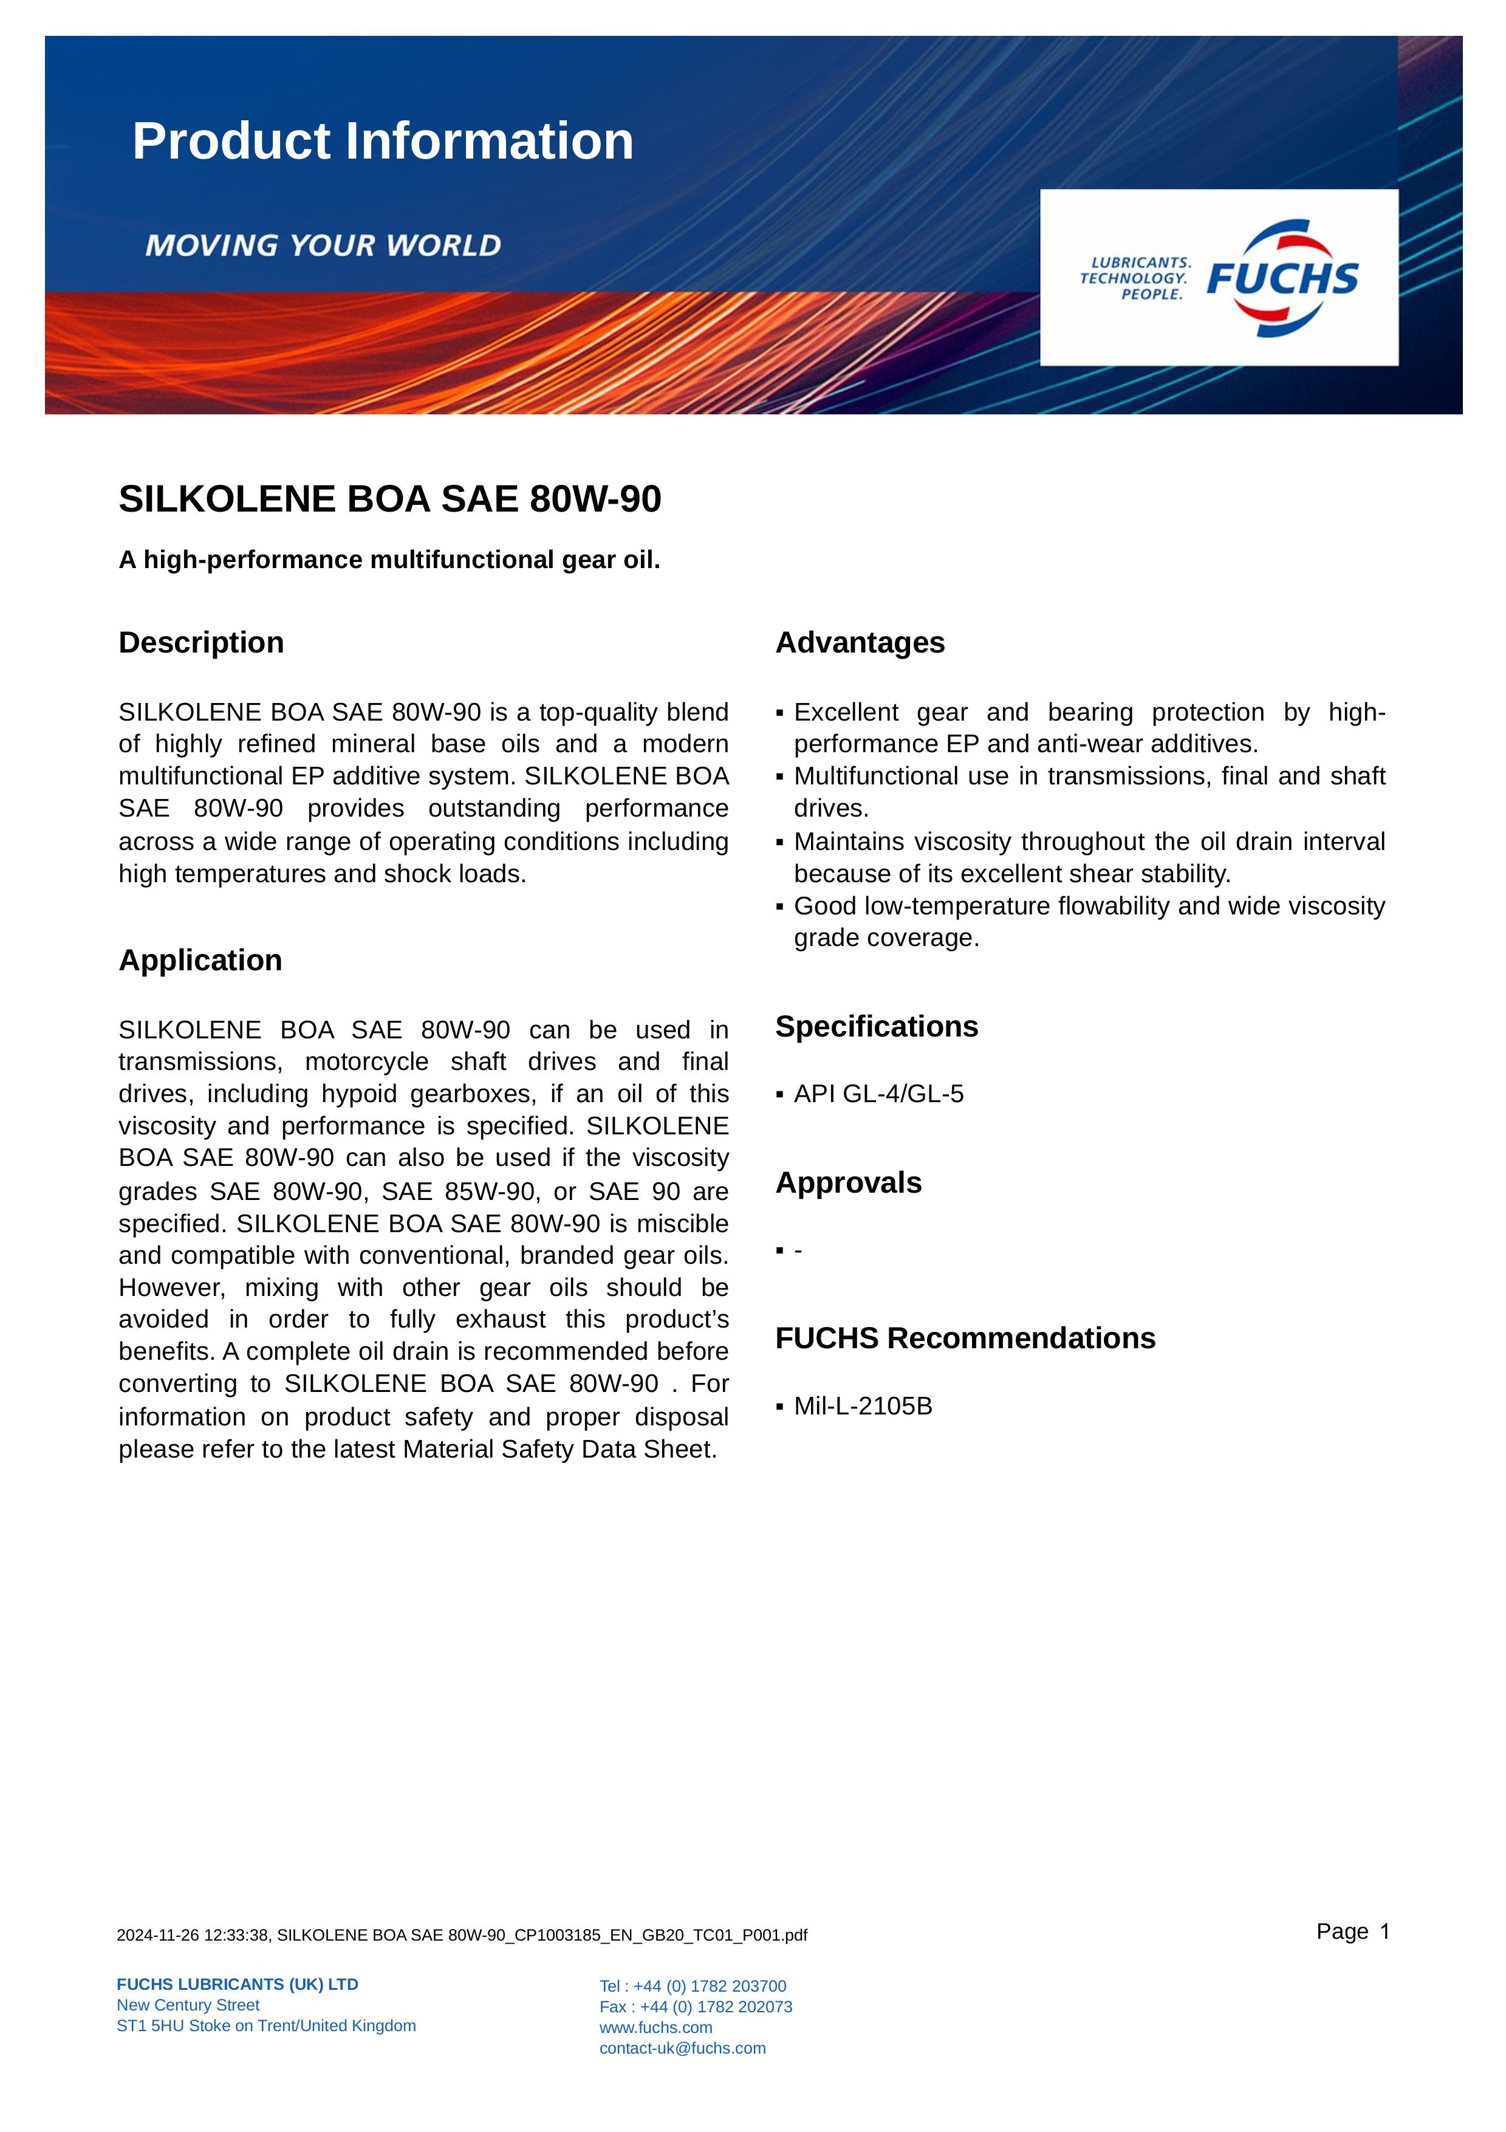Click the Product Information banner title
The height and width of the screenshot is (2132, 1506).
click(x=383, y=141)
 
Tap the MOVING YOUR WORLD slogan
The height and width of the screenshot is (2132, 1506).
click(x=323, y=245)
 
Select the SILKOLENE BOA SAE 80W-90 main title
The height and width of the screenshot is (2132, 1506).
click(x=390, y=499)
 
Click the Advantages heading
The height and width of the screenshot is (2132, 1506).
click(x=860, y=643)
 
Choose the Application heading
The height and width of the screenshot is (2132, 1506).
click(x=200, y=960)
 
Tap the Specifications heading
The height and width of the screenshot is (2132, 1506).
click(x=877, y=1026)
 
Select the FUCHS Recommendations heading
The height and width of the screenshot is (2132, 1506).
click(x=965, y=1338)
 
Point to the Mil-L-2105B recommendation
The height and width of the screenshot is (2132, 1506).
click(x=863, y=1406)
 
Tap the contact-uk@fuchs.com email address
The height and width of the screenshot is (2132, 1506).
click(x=682, y=2048)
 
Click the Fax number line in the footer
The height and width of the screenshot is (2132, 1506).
click(x=696, y=2007)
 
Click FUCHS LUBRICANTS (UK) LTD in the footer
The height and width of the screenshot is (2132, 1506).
click(x=238, y=1984)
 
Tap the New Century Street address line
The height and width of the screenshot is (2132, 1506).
click(x=188, y=2005)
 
